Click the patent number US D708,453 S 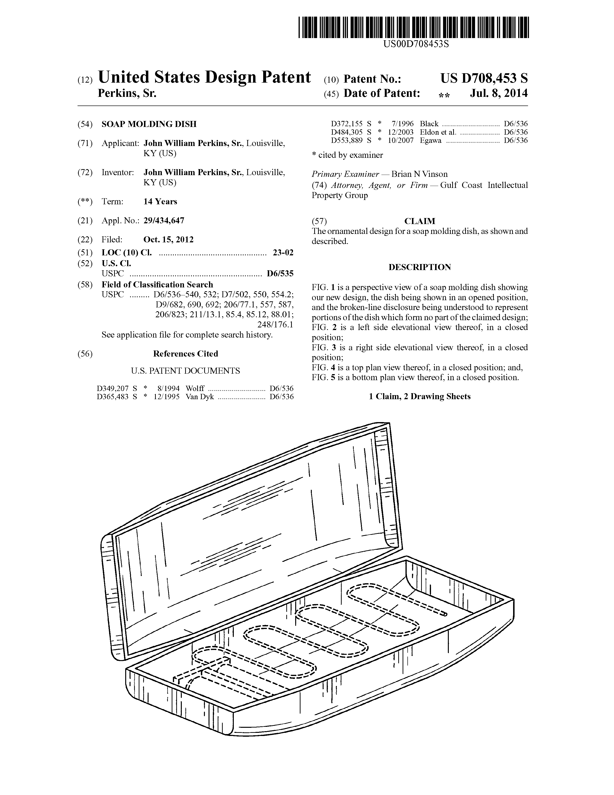click(484, 78)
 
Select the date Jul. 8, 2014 click(499, 93)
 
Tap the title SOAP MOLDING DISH click(149, 124)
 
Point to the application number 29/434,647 click(164, 221)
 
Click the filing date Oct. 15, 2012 click(168, 239)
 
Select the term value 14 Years click(160, 202)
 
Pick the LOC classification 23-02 click(283, 253)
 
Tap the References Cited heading click(185, 354)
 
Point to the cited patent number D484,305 click(346, 132)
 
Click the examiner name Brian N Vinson click(419, 174)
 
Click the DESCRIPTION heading click(420, 267)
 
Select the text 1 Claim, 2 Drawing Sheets click(420, 396)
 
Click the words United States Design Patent click(204, 77)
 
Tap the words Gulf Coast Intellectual click(484, 185)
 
